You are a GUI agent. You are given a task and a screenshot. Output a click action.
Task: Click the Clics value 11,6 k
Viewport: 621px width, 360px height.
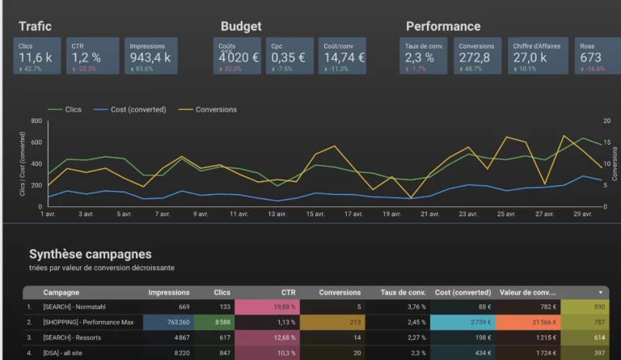click(36, 57)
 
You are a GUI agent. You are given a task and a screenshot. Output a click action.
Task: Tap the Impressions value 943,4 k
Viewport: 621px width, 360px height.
click(150, 57)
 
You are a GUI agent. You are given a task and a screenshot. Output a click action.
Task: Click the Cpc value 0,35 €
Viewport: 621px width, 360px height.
click(289, 57)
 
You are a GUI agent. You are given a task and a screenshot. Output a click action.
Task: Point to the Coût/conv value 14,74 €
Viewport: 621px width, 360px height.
click(344, 57)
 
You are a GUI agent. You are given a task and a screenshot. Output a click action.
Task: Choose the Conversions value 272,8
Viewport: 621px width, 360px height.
click(475, 57)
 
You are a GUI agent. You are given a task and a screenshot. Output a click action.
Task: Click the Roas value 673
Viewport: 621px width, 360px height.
click(590, 57)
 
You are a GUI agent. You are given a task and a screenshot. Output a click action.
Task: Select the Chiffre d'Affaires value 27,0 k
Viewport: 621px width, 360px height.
click(530, 57)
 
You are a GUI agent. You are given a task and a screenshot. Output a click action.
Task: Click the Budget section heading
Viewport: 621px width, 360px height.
click(241, 27)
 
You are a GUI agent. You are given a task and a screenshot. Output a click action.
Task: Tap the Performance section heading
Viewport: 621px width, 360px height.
click(443, 27)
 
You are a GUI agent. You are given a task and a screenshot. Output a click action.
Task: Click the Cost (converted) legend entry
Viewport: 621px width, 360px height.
click(138, 109)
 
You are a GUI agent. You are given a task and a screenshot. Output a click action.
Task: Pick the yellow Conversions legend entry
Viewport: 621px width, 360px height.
click(216, 109)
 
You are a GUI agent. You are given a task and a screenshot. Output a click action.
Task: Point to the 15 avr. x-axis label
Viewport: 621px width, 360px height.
click(314, 214)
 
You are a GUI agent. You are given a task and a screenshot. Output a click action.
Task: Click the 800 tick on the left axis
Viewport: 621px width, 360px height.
click(36, 121)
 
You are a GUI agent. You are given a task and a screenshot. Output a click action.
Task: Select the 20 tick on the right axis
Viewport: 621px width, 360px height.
click(607, 121)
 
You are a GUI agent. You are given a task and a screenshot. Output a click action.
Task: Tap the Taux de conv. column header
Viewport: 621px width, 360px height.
click(403, 292)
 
